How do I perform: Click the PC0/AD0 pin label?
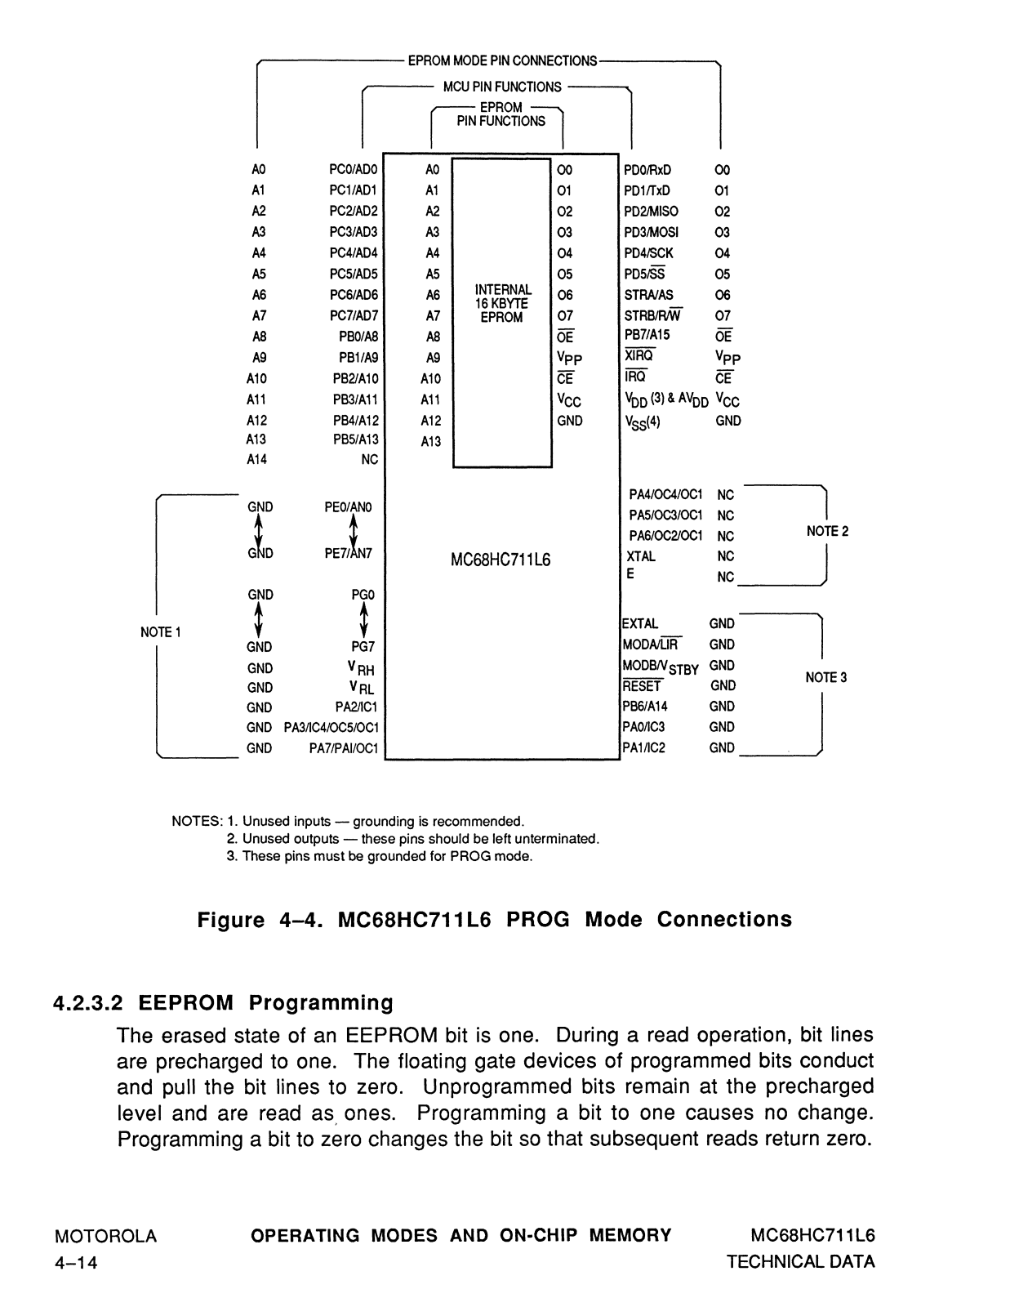tap(354, 170)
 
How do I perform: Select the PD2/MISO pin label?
tap(651, 211)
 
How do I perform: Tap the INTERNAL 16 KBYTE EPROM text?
tap(503, 303)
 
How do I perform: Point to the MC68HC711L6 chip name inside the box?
tap(501, 560)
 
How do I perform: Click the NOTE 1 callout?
tap(161, 632)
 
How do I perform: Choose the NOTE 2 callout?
tap(827, 531)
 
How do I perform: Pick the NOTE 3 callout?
tap(826, 677)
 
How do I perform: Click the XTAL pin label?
tap(641, 556)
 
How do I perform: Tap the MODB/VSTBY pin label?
tap(660, 667)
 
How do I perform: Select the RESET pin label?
tap(642, 685)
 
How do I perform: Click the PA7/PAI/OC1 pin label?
tap(344, 748)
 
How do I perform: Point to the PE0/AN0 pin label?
tap(348, 507)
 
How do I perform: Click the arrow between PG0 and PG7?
tap(363, 621)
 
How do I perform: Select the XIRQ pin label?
tap(639, 355)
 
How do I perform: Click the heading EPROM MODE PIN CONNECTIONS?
tap(503, 60)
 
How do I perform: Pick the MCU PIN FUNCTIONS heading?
tap(502, 87)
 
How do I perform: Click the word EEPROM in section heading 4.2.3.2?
tap(186, 1002)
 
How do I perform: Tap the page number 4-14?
tap(76, 1263)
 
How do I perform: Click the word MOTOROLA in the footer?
tap(106, 1236)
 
